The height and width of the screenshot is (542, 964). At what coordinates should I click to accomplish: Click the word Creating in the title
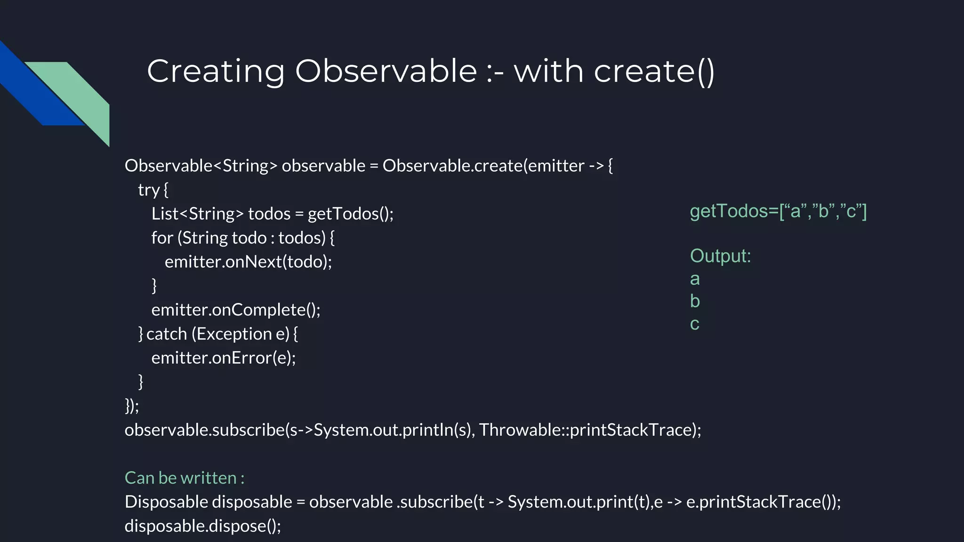(216, 72)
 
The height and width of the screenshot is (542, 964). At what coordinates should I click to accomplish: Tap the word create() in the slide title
(654, 72)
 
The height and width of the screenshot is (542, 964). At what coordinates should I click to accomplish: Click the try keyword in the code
(148, 190)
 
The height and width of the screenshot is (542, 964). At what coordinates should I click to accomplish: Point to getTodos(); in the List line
(350, 214)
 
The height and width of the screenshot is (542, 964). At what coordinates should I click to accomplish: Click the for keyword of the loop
(162, 238)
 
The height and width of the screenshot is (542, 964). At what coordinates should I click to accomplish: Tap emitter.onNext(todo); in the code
(248, 262)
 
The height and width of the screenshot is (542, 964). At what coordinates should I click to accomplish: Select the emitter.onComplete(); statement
(235, 310)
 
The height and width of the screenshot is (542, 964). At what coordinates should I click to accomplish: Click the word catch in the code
(167, 334)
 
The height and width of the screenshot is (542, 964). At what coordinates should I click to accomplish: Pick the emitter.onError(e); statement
(223, 358)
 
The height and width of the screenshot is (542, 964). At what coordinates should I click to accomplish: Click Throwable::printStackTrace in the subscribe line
(586, 430)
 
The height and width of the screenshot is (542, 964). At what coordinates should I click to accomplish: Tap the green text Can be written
(184, 478)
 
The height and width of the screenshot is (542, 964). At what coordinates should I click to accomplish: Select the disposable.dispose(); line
(202, 526)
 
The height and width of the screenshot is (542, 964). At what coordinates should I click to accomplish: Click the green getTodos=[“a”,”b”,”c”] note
(778, 211)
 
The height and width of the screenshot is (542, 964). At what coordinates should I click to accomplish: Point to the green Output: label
(720, 256)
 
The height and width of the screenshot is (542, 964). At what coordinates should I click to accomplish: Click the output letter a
(695, 279)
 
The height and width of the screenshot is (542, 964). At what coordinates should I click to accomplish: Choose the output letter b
(695, 301)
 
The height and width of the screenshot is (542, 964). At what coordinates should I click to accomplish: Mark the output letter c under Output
(695, 324)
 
